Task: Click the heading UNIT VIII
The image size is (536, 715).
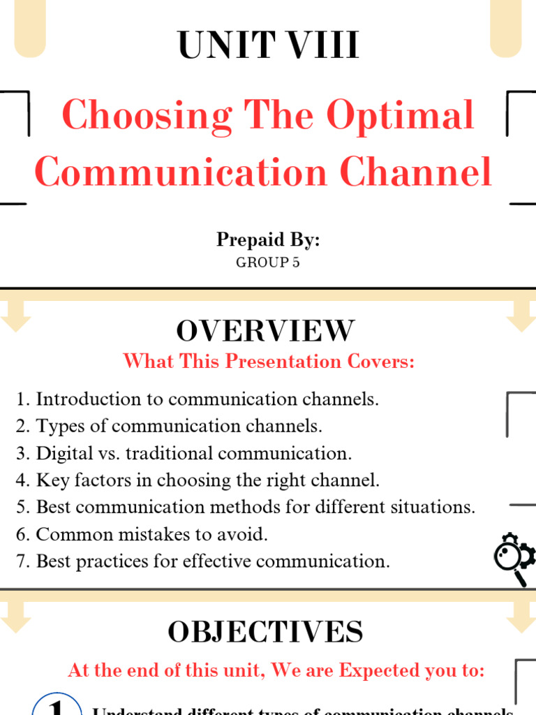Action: click(x=268, y=47)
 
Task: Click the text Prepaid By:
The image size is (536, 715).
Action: click(x=268, y=239)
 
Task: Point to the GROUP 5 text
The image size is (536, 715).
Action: click(x=268, y=263)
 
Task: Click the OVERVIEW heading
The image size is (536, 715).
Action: click(x=265, y=330)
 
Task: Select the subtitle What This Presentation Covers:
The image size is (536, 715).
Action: click(x=269, y=362)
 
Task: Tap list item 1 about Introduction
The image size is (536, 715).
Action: click(x=198, y=399)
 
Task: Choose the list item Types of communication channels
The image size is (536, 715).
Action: click(x=169, y=426)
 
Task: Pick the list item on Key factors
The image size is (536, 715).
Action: click(x=198, y=480)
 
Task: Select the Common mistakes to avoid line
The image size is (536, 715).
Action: click(x=142, y=535)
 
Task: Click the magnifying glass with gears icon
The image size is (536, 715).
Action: click(x=514, y=559)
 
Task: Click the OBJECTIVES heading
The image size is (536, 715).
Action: click(x=265, y=632)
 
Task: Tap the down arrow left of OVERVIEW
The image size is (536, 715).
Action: click(x=15, y=314)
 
